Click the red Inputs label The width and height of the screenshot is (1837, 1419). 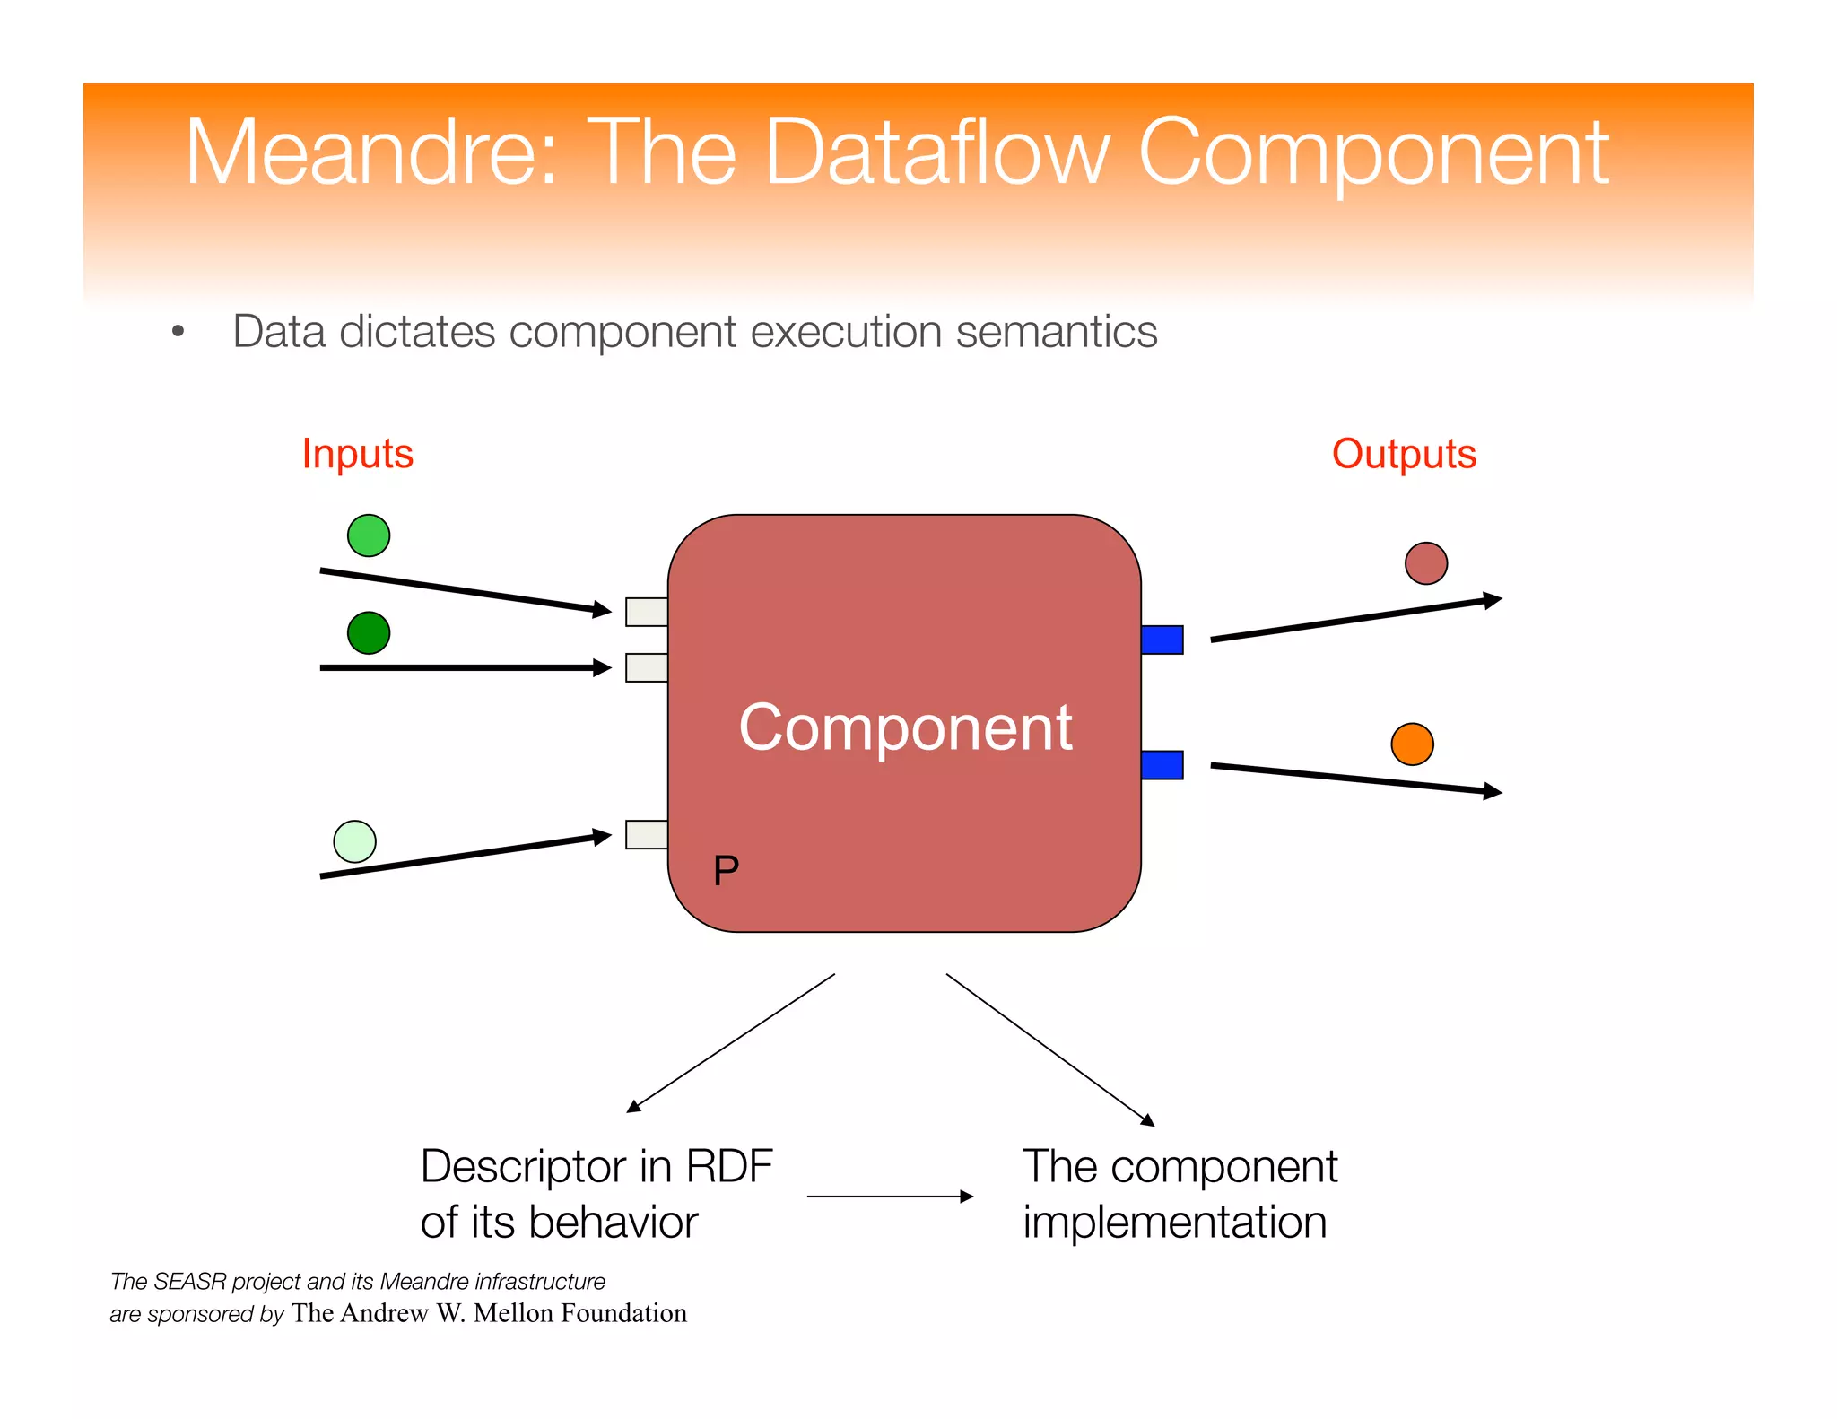pyautogui.click(x=357, y=454)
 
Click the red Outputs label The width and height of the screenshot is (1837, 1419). pyautogui.click(x=1403, y=454)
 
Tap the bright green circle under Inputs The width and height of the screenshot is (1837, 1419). pyautogui.click(x=368, y=535)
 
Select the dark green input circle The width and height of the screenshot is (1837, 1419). pyautogui.click(x=368, y=633)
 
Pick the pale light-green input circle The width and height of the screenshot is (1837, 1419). pyautogui.click(x=354, y=841)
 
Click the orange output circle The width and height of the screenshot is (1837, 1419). pyautogui.click(x=1412, y=744)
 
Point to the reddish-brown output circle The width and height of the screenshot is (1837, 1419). pyautogui.click(x=1425, y=563)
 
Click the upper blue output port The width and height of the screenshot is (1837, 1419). pyautogui.click(x=1162, y=640)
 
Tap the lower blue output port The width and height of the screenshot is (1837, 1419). pyautogui.click(x=1162, y=765)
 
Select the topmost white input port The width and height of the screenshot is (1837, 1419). pyautogui.click(x=646, y=612)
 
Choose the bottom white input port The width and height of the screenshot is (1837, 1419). pyautogui.click(x=646, y=834)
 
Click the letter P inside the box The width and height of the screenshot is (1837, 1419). pyautogui.click(x=726, y=870)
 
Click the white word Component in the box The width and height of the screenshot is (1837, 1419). pyautogui.click(x=904, y=727)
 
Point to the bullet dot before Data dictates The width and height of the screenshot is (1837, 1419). pyautogui.click(x=178, y=332)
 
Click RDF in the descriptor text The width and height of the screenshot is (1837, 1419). pyautogui.click(x=728, y=1167)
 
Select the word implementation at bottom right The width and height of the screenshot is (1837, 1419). pyautogui.click(x=1174, y=1223)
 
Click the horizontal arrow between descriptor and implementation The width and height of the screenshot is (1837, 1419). pyautogui.click(x=889, y=1197)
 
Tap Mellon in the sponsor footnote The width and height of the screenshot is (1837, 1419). pyautogui.click(x=513, y=1313)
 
